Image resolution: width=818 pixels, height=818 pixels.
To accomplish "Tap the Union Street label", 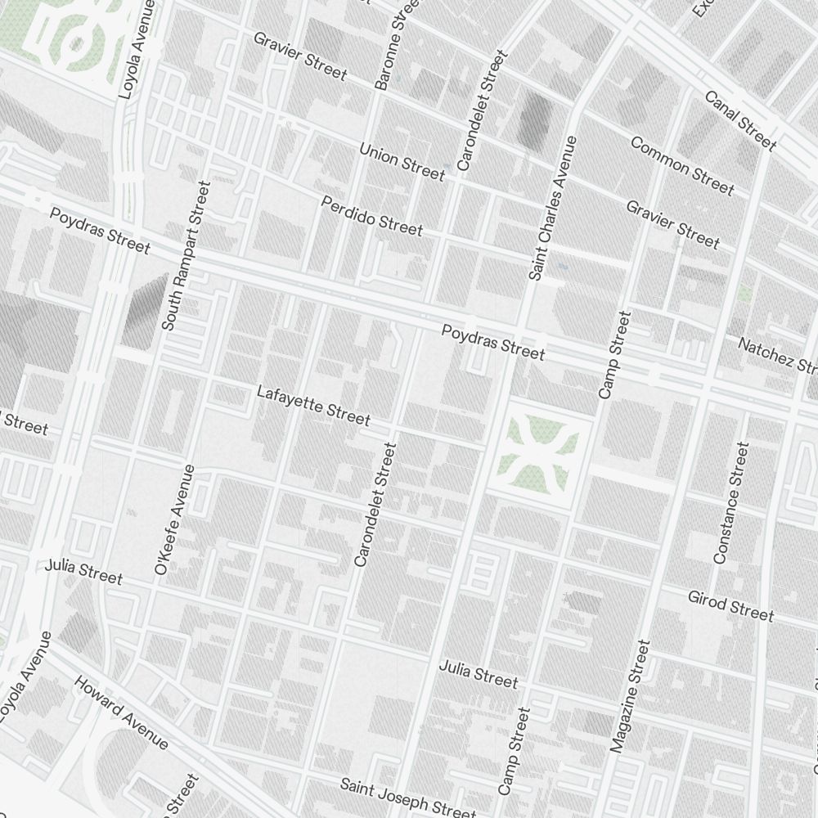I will [402, 161].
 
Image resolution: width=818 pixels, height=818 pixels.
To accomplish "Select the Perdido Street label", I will [372, 215].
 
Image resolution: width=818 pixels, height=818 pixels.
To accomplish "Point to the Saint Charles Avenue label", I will [553, 209].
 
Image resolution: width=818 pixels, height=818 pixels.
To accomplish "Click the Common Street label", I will [681, 166].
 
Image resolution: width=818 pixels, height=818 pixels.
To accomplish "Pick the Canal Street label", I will [740, 121].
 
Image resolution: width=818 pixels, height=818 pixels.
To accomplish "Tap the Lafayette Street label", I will [313, 405].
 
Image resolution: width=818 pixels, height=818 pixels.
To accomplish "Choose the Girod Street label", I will [730, 605].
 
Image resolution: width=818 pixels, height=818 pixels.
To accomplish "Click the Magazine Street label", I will [630, 696].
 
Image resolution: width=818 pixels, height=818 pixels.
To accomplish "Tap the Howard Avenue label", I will [121, 712].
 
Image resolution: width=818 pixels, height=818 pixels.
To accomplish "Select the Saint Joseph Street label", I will [407, 798].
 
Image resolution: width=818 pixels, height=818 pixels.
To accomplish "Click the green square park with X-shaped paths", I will [540, 447].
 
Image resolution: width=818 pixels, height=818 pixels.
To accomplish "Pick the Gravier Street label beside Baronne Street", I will [299, 56].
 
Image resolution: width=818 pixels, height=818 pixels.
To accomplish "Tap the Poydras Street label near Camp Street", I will [493, 342].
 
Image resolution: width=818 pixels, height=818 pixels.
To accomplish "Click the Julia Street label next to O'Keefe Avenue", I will [83, 572].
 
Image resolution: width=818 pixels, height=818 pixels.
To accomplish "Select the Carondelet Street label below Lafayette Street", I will [375, 505].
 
